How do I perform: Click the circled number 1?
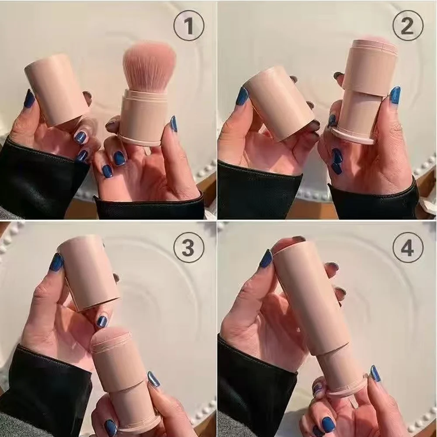click(188, 26)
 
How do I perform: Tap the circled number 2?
click(407, 26)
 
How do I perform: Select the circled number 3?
click(188, 248)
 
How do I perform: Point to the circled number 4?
click(407, 248)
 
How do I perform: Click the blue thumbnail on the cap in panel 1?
click(29, 99)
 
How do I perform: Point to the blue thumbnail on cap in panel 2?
click(242, 97)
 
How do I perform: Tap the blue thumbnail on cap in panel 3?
click(56, 262)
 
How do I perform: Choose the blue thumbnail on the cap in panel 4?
click(266, 259)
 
